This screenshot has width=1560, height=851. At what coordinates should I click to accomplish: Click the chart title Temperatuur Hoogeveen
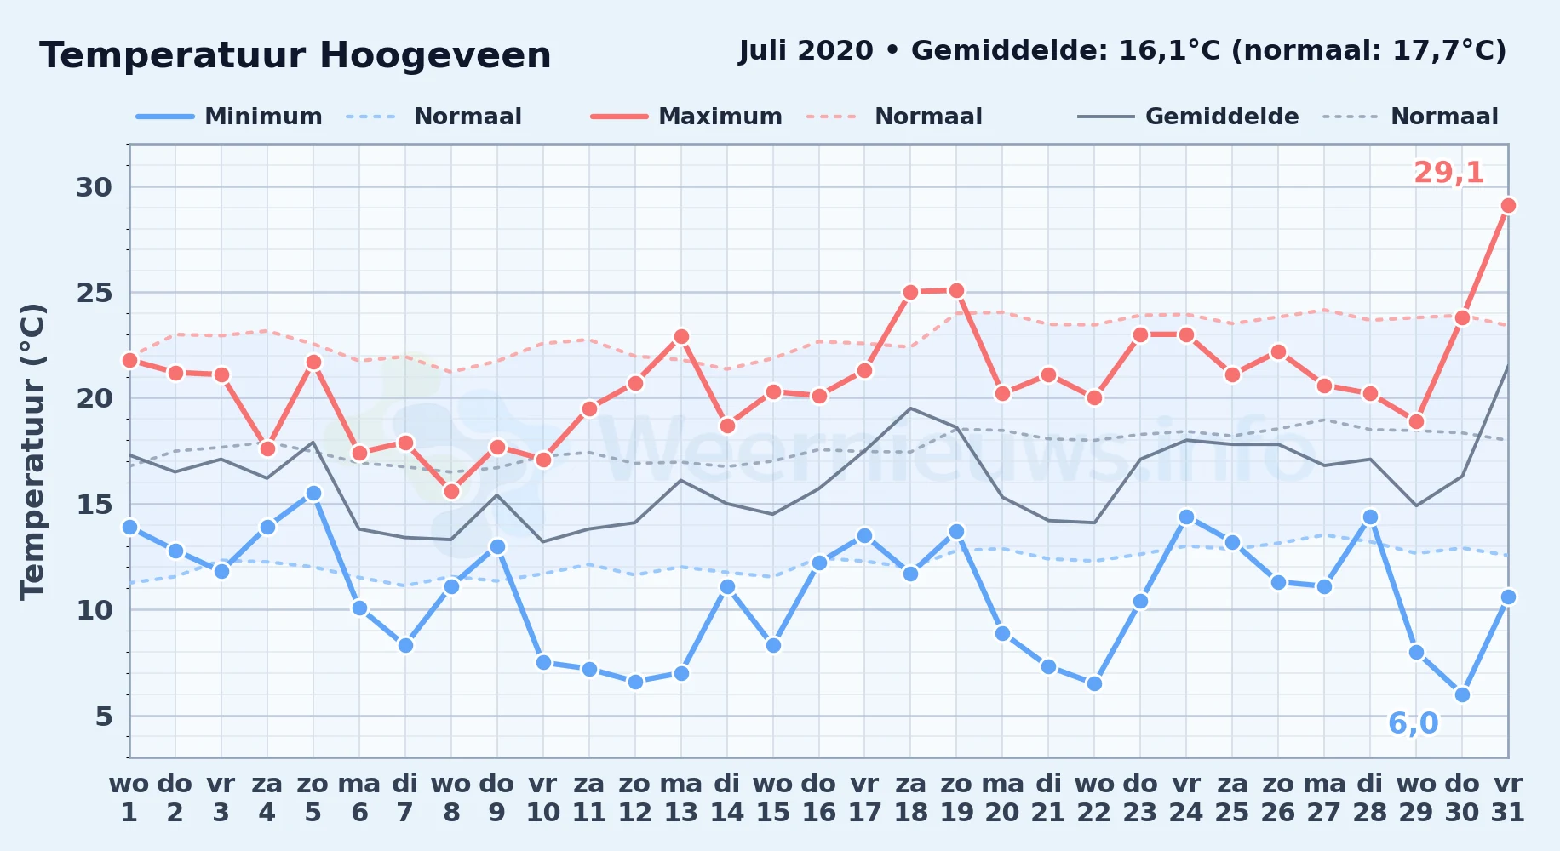point(295,55)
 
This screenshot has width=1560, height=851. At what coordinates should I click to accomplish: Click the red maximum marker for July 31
point(1508,205)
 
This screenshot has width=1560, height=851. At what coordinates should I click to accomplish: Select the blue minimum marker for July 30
point(1462,694)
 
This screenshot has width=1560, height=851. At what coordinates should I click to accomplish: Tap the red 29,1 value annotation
point(1448,173)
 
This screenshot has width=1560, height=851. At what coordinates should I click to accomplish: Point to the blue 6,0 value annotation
point(1413,723)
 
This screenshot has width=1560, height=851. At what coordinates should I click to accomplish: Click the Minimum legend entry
point(229,117)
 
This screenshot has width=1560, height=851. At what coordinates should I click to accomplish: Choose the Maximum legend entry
point(686,117)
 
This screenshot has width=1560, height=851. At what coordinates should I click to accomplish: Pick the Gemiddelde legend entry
point(1188,117)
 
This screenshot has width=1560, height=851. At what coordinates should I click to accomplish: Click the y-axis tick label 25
point(95,293)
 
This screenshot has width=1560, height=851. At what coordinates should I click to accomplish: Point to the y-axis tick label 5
point(104,717)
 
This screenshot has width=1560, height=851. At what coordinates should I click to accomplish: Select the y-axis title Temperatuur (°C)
point(32,451)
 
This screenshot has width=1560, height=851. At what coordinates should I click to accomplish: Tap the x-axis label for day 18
point(910,798)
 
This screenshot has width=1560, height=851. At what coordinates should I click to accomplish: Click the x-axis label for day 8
point(451,798)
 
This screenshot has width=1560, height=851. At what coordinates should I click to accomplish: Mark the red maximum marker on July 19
point(956,290)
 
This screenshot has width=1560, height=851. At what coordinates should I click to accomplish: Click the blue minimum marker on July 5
point(313,493)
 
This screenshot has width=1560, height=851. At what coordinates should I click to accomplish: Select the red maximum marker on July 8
point(451,491)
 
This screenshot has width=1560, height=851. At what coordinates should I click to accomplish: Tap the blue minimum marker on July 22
point(1094,683)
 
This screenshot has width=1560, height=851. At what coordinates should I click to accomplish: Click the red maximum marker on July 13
point(681,336)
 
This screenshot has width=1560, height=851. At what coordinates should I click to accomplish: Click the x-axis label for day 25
point(1232,798)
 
